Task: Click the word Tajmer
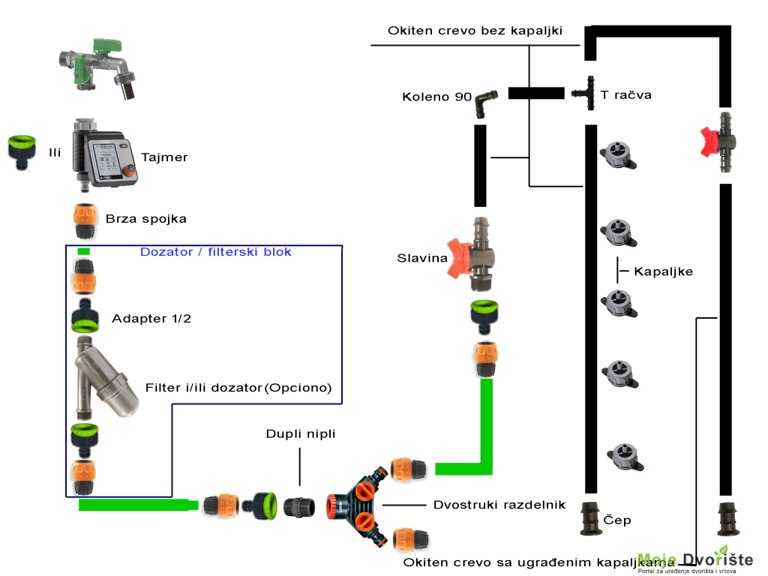(164, 157)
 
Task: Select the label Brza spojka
(146, 219)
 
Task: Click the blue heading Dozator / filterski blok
(215, 252)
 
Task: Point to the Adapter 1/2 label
(151, 319)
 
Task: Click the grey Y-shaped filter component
(106, 379)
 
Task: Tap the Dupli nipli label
(301, 434)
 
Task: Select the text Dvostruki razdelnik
(499, 505)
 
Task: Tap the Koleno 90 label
(436, 97)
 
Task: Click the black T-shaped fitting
(584, 94)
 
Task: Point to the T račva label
(625, 95)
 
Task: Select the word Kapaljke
(663, 271)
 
